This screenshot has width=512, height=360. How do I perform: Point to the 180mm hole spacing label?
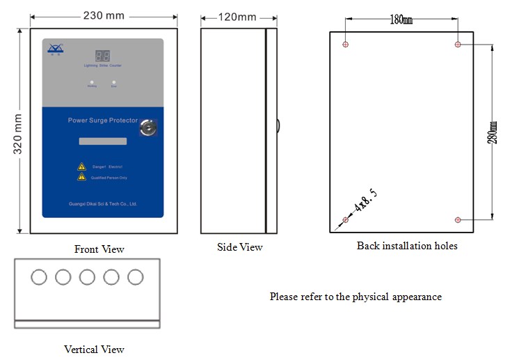tap(401, 20)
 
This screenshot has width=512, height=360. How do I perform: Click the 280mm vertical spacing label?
tap(493, 132)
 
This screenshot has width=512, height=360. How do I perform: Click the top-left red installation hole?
tap(346, 45)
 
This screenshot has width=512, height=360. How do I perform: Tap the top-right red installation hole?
tap(458, 45)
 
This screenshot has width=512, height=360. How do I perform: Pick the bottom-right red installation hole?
tap(458, 220)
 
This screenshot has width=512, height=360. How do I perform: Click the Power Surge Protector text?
tap(102, 120)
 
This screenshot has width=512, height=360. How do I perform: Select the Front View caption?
tap(99, 249)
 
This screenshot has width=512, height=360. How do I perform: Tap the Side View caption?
tap(241, 247)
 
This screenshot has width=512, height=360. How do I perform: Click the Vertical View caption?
tap(94, 350)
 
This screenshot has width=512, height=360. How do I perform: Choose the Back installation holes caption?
tap(407, 246)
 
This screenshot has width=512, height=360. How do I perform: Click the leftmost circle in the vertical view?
tap(39, 277)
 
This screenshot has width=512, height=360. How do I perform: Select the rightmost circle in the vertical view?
tap(135, 277)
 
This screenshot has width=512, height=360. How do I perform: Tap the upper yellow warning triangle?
tap(81, 167)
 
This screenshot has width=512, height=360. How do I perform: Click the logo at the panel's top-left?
tap(55, 48)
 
